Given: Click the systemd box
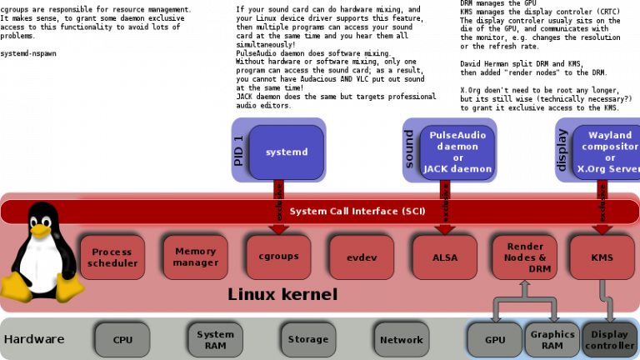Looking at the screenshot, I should click(x=287, y=152).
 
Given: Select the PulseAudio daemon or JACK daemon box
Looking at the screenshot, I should click(x=457, y=152).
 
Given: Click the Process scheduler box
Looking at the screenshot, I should click(x=112, y=257).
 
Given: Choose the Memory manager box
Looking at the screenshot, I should click(x=195, y=257).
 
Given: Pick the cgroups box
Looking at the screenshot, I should click(x=278, y=257).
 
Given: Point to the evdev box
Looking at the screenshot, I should click(x=362, y=257).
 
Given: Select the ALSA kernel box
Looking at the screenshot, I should click(x=445, y=257).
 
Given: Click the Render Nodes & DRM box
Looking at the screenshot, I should click(x=525, y=257).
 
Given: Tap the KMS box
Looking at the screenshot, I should click(x=602, y=257).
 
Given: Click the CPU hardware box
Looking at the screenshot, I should click(x=122, y=340).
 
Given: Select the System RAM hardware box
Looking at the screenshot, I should click(x=216, y=340).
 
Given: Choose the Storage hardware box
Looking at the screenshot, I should click(x=308, y=340).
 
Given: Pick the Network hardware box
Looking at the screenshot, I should click(x=401, y=340).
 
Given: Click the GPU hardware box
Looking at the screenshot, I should click(x=495, y=340).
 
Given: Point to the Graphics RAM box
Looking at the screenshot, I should click(x=552, y=340).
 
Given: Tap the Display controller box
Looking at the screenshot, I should click(x=609, y=340).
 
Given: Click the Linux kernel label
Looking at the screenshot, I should click(x=282, y=295).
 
